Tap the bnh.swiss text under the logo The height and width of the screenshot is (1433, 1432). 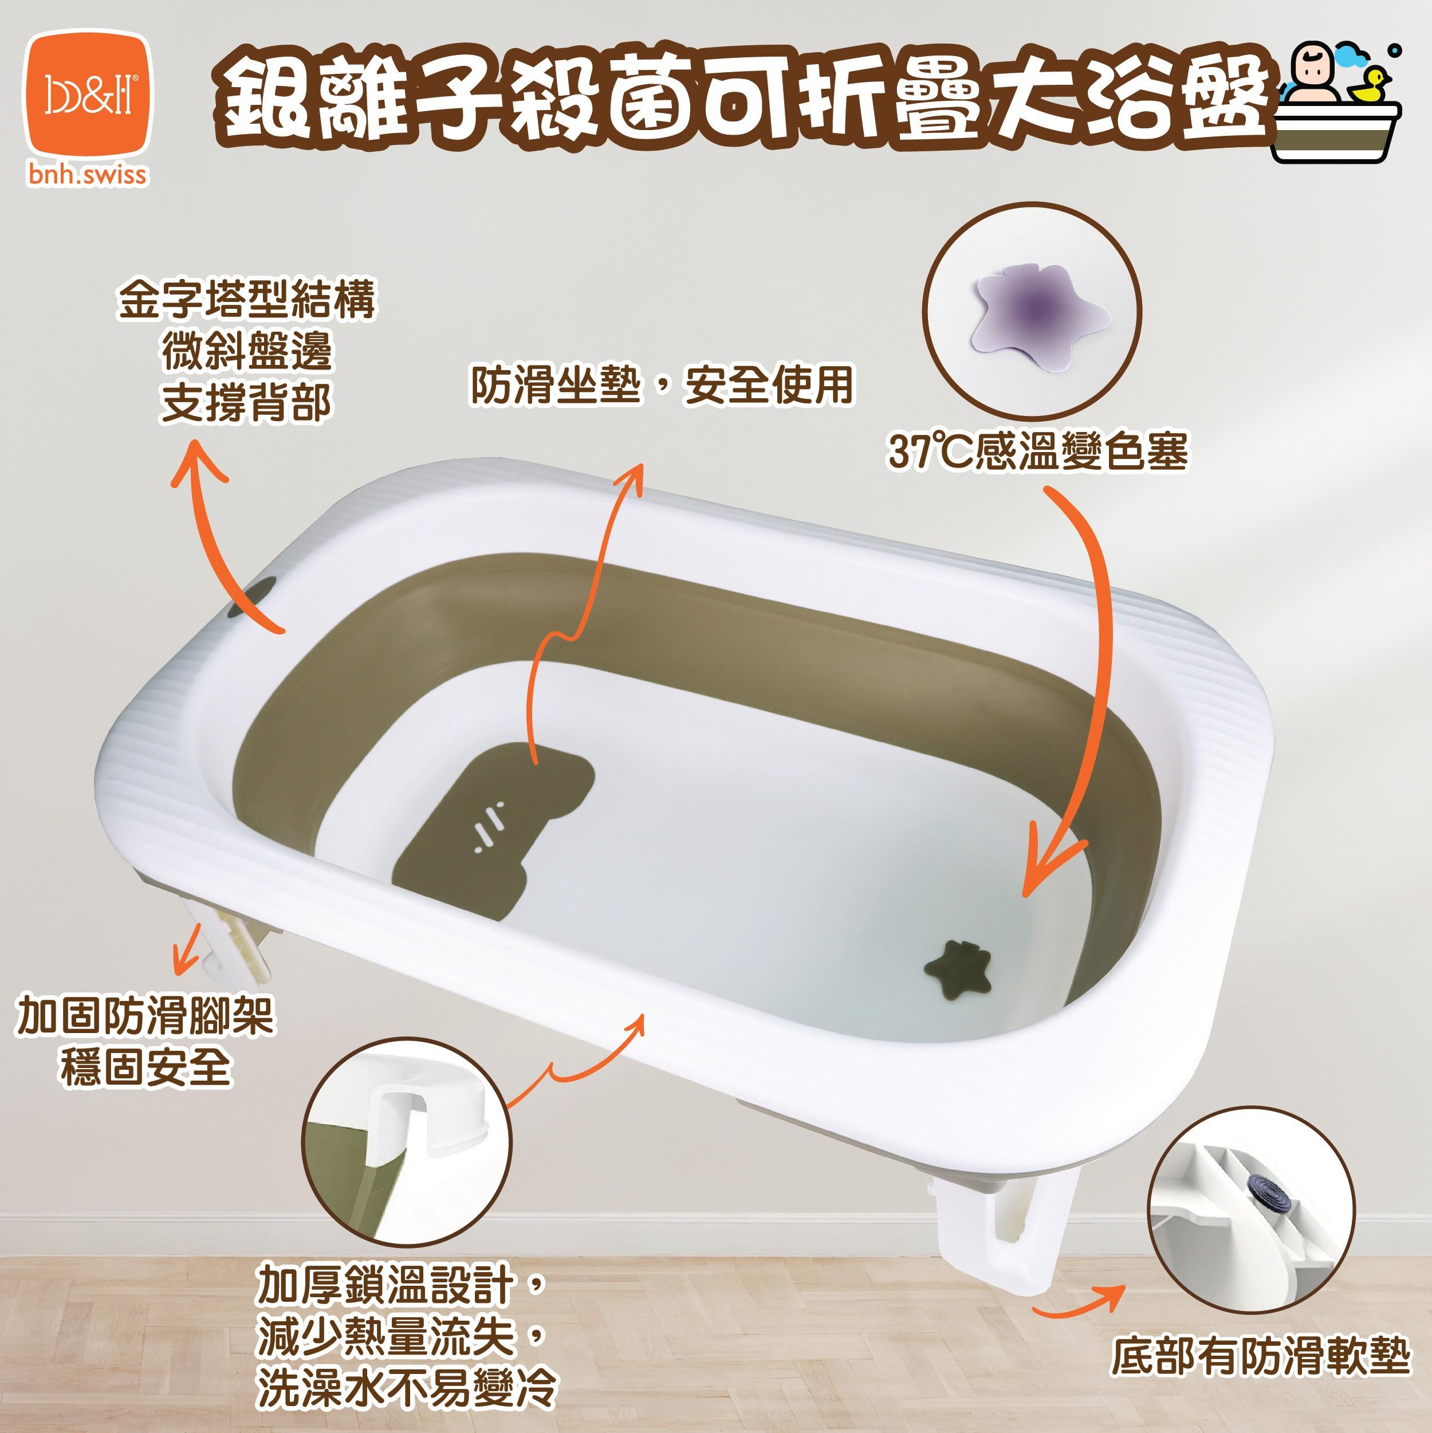[x=88, y=176]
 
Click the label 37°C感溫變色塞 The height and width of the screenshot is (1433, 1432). [x=1038, y=451]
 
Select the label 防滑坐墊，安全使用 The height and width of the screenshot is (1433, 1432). [x=662, y=385]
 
